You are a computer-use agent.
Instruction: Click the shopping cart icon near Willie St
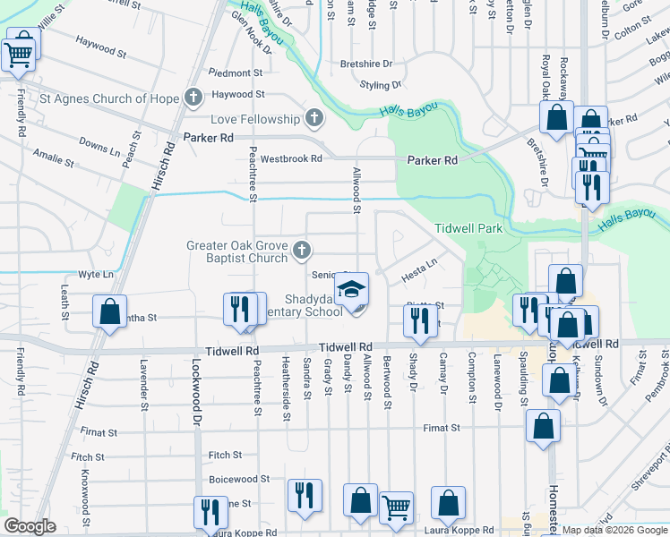click(x=18, y=53)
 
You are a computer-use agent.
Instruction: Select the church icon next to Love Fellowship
click(x=314, y=118)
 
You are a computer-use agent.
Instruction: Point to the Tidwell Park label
click(x=468, y=229)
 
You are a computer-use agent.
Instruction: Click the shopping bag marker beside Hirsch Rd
click(x=109, y=312)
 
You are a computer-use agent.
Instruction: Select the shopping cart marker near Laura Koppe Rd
click(x=396, y=507)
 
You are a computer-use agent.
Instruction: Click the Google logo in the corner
click(x=30, y=526)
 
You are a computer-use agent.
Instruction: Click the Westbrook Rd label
click(x=290, y=158)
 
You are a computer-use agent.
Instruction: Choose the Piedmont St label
click(x=236, y=72)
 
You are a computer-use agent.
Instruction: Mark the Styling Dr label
click(x=381, y=85)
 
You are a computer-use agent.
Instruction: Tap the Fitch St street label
click(x=224, y=456)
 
